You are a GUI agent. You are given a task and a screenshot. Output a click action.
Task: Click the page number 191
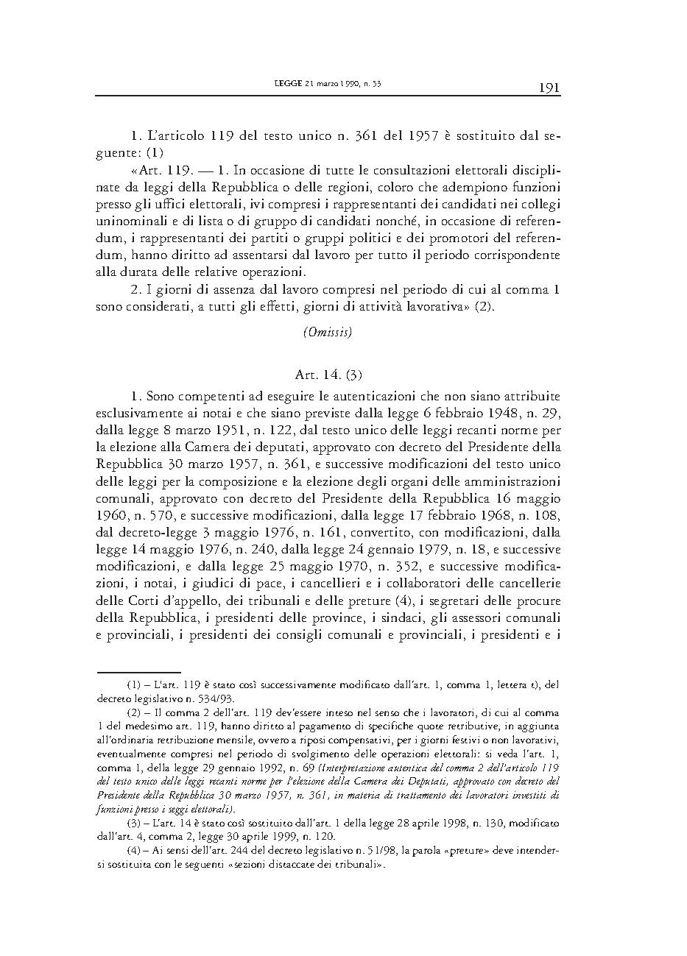point(549,88)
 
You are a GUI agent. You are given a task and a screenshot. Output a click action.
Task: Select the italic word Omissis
point(328,332)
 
